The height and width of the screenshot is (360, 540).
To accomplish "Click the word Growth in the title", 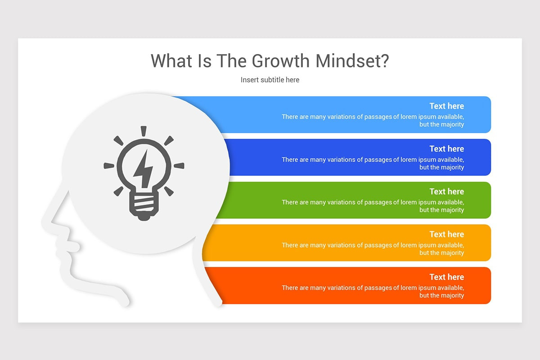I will click(280, 61).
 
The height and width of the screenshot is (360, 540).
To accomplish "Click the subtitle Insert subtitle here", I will click(270, 80).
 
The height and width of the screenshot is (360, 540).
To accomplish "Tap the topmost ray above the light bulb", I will click(144, 131).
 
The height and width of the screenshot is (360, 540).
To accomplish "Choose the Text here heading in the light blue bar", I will click(446, 106).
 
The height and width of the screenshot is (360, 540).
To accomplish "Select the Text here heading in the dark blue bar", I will click(446, 149).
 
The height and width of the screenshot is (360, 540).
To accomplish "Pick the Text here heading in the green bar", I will click(446, 192).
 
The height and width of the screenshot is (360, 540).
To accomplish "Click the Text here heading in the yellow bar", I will click(446, 234).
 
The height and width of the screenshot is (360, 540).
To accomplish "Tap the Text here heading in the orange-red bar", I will click(446, 277).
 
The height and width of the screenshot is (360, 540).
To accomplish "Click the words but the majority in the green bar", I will click(441, 210).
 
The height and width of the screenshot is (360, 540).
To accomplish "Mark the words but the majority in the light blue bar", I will click(441, 125).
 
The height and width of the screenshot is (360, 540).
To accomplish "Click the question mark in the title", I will click(383, 61).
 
